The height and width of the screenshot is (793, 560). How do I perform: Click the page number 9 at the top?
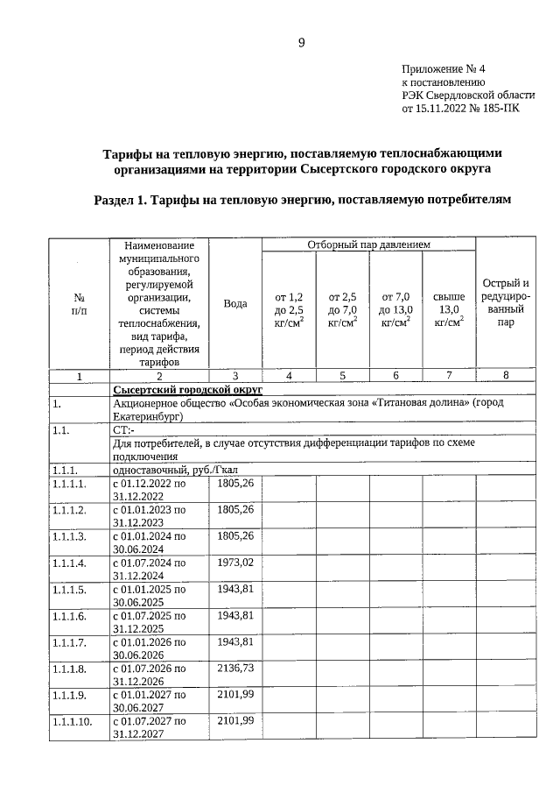[301, 42]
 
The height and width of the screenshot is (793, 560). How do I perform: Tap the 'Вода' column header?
[234, 303]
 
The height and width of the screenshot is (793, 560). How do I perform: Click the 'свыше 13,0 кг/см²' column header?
[449, 309]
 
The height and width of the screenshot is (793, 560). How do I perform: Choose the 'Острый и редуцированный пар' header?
[506, 302]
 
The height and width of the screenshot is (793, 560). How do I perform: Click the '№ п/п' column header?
[79, 303]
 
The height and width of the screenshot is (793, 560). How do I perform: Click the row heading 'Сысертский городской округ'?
[188, 389]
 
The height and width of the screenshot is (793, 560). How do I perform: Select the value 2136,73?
[234, 667]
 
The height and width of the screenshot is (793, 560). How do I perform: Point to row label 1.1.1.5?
[69, 589]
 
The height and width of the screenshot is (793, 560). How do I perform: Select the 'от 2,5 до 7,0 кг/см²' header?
[342, 309]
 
